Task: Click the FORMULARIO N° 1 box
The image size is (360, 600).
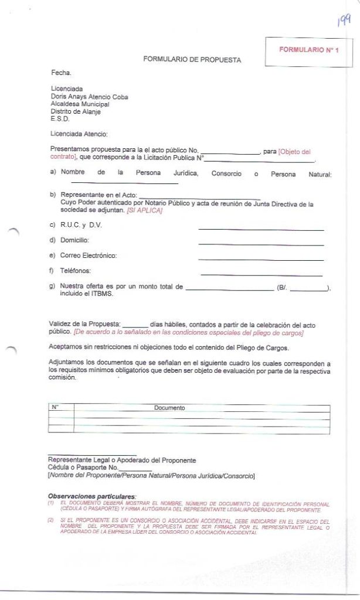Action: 308,50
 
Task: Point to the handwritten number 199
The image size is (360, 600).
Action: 344,22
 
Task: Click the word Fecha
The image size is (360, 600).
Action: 61,73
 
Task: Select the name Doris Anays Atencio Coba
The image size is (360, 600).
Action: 89,97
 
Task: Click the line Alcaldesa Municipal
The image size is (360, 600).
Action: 80,104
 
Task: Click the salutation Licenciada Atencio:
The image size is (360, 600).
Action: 79,134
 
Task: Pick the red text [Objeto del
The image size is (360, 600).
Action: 294,151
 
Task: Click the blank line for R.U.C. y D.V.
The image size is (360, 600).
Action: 261,229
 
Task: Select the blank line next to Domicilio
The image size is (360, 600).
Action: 261,244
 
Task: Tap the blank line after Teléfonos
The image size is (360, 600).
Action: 261,275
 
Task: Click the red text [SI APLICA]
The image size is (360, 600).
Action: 144,210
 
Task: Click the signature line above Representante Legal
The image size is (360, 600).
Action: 92,455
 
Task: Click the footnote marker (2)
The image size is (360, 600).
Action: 51,520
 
